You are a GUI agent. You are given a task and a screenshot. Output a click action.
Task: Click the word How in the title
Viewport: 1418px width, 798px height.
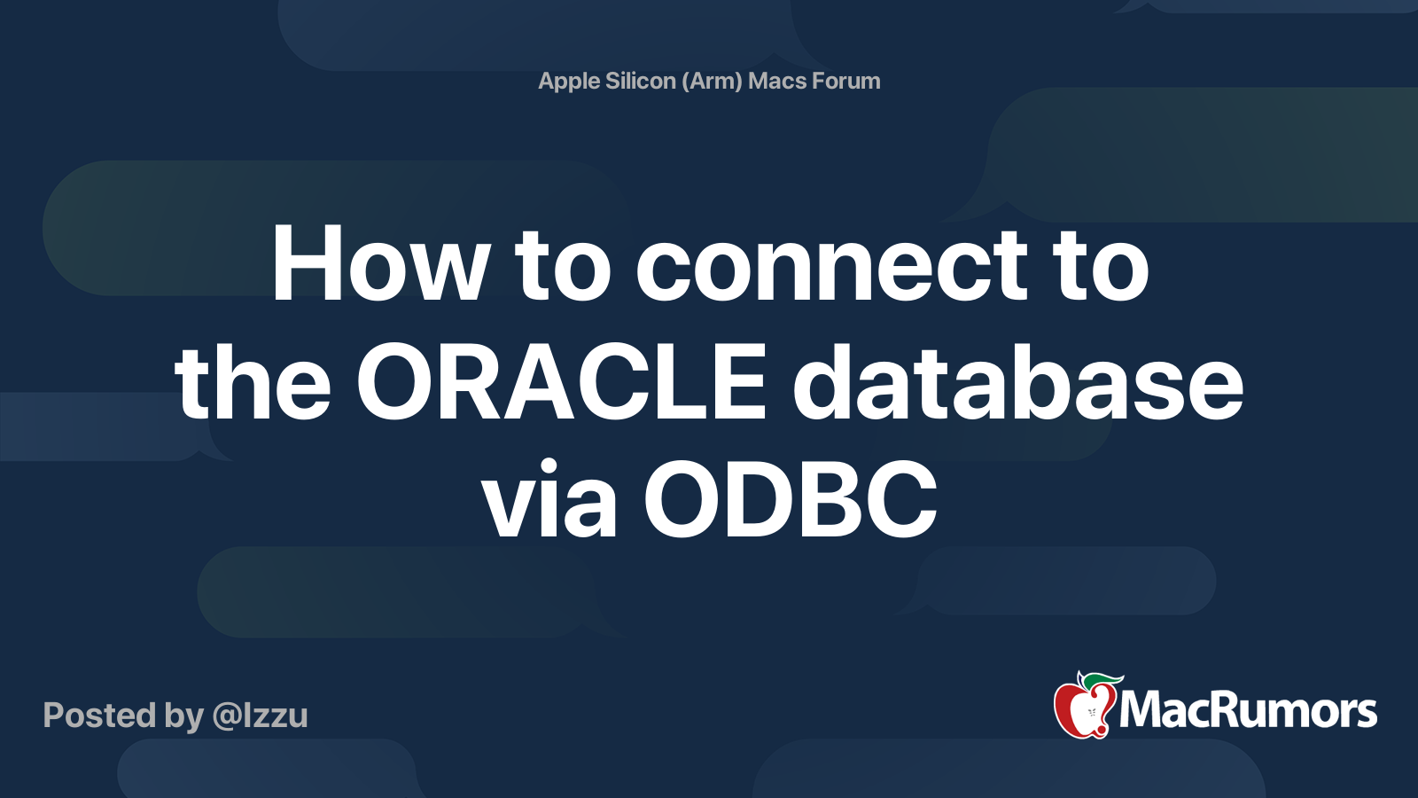tap(380, 265)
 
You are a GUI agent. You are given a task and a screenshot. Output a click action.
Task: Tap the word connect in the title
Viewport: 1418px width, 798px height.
tap(831, 265)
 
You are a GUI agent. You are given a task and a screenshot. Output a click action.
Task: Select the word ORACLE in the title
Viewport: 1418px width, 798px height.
tap(561, 383)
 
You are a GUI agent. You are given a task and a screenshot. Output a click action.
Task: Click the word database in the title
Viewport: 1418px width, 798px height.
tap(1017, 383)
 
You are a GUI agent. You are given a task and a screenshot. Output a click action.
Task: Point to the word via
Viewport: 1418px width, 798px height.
tap(549, 501)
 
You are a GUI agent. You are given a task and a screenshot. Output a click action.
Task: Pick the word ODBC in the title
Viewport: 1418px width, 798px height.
tap(791, 501)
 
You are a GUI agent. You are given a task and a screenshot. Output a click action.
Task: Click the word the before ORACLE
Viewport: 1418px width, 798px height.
tap(253, 383)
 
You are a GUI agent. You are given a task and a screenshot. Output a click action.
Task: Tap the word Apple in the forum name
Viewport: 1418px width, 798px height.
tap(569, 81)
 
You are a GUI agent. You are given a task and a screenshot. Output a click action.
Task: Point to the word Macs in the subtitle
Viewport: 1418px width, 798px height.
tap(777, 81)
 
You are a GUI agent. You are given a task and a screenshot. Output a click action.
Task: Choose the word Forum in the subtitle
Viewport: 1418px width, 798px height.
tap(846, 81)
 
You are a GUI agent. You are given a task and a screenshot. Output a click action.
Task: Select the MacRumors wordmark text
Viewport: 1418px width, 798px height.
tap(1248, 711)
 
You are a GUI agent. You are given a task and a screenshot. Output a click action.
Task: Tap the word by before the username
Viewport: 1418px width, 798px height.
tap(183, 716)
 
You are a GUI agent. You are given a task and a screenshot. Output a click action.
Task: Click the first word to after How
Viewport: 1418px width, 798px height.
tap(563, 265)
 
